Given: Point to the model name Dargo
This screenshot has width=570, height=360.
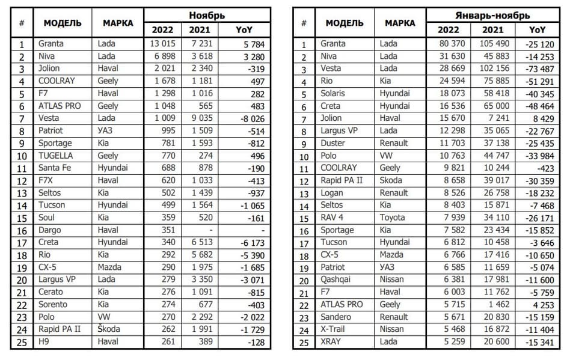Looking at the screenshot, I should pyautogui.click(x=51, y=230).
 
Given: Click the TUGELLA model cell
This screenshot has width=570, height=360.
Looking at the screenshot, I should pyautogui.click(x=55, y=155).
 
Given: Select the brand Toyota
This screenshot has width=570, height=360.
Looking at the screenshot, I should pyautogui.click(x=393, y=218).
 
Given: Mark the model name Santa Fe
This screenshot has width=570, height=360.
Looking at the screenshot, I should pyautogui.click(x=55, y=168).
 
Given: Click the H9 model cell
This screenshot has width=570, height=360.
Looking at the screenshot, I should pyautogui.click(x=45, y=341).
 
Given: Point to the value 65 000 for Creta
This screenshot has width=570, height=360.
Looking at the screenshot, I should pyautogui.click(x=497, y=106).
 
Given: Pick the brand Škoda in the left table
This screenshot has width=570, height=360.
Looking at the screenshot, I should pyautogui.click(x=110, y=329).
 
